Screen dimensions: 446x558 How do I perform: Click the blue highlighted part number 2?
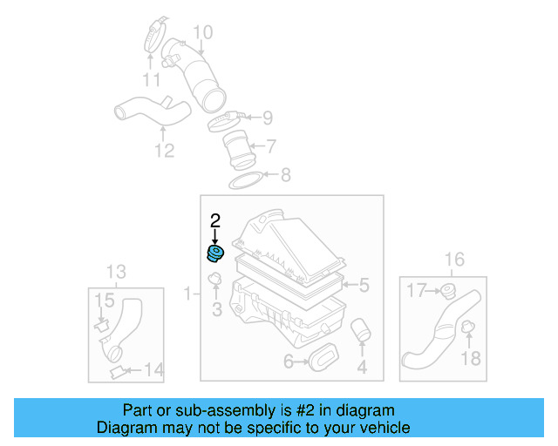pos(214,253)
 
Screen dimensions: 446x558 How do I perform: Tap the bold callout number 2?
pos(215,221)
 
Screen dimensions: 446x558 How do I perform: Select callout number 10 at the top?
pos(202,34)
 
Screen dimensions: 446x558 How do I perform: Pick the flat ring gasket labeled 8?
pos(248,179)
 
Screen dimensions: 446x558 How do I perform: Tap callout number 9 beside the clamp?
pos(268,117)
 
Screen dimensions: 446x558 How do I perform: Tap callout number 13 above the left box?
pos(116,271)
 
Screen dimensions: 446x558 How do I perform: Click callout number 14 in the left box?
pos(153,371)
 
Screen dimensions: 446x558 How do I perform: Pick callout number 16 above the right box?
pos(454,259)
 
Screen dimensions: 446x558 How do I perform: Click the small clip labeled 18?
pos(466,328)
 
